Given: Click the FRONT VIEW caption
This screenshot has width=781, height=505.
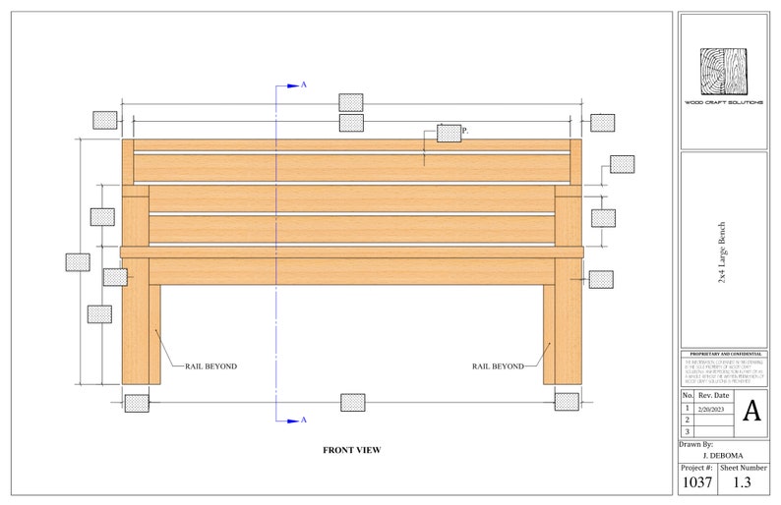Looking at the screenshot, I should (x=351, y=450).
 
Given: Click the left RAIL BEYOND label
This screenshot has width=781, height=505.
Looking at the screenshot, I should (x=210, y=366).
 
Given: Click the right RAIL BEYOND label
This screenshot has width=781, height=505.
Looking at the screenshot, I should (x=497, y=366).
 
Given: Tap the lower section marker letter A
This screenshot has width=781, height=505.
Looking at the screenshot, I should (x=303, y=421).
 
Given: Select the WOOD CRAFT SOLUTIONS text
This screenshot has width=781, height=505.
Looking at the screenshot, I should (x=723, y=102).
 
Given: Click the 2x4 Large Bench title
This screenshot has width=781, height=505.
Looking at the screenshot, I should (x=723, y=253).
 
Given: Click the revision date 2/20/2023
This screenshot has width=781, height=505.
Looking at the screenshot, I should (x=713, y=407).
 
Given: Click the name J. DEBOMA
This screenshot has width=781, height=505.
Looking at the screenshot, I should (x=722, y=456).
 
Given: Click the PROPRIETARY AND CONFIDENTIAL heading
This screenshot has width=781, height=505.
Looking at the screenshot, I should (x=723, y=353).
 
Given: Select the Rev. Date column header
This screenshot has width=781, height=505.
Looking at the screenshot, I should (x=713, y=394).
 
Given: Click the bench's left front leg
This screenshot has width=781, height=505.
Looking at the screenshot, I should (x=135, y=324).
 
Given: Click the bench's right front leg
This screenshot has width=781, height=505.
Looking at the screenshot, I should (x=569, y=324).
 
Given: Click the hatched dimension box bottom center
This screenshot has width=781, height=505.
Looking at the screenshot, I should (x=351, y=402).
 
